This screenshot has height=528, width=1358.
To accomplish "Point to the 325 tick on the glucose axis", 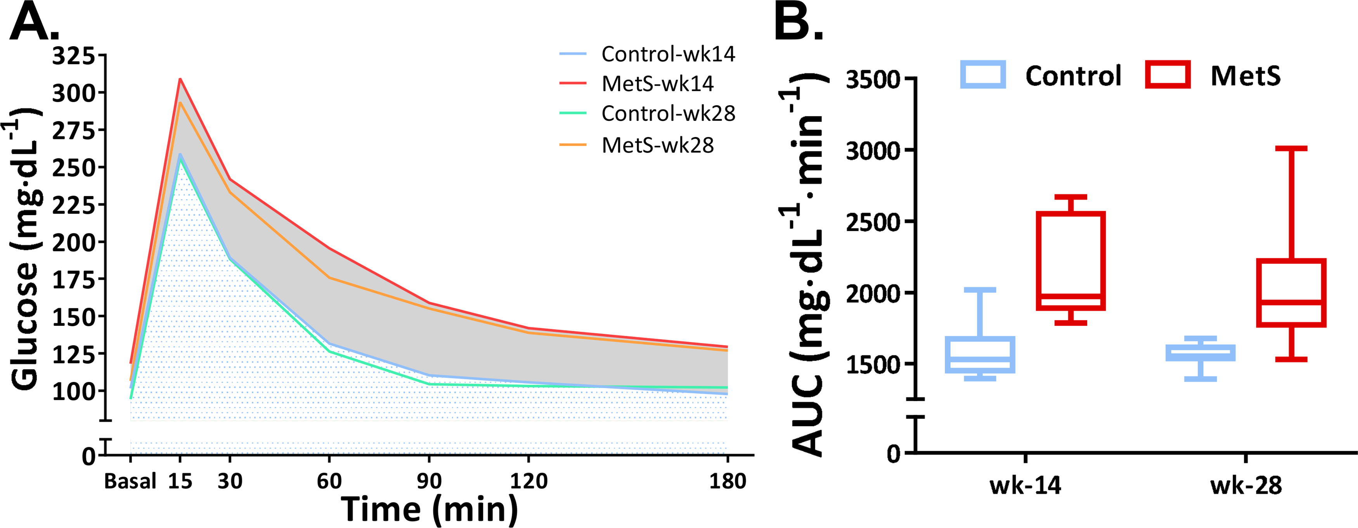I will click(73, 56).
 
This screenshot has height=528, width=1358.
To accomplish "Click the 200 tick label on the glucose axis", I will click(73, 242).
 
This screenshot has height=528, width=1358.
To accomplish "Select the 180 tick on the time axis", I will click(727, 481).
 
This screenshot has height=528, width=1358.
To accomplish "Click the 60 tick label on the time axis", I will click(329, 481).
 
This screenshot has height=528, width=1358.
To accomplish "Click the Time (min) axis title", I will click(429, 509).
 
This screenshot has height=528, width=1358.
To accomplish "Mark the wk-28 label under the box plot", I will click(1246, 486).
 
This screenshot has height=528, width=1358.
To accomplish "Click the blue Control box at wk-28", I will click(1200, 353).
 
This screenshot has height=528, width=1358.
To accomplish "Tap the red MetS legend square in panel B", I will click(1168, 75).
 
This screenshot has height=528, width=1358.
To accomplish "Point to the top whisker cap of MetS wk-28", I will click(1291, 149).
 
